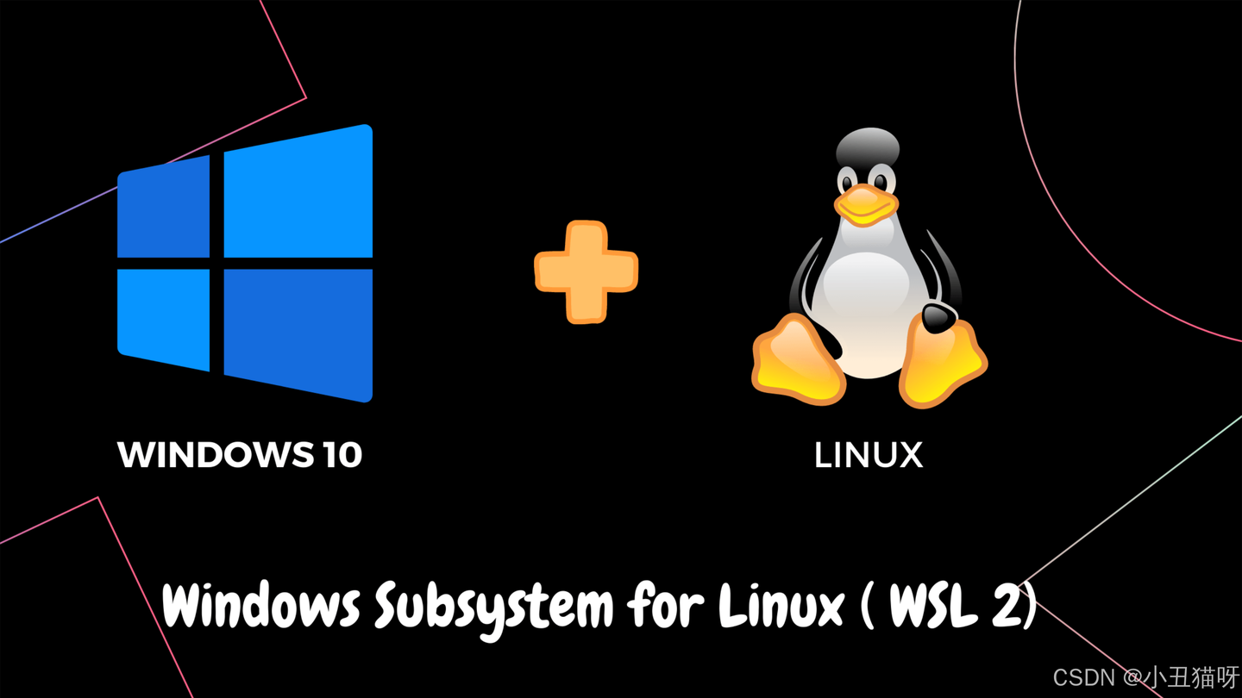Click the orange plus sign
[x=586, y=272]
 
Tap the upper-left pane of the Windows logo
[x=164, y=209]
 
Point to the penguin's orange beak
[x=865, y=205]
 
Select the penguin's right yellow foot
[x=942, y=362]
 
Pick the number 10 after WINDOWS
[x=342, y=455]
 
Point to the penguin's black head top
[x=868, y=146]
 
